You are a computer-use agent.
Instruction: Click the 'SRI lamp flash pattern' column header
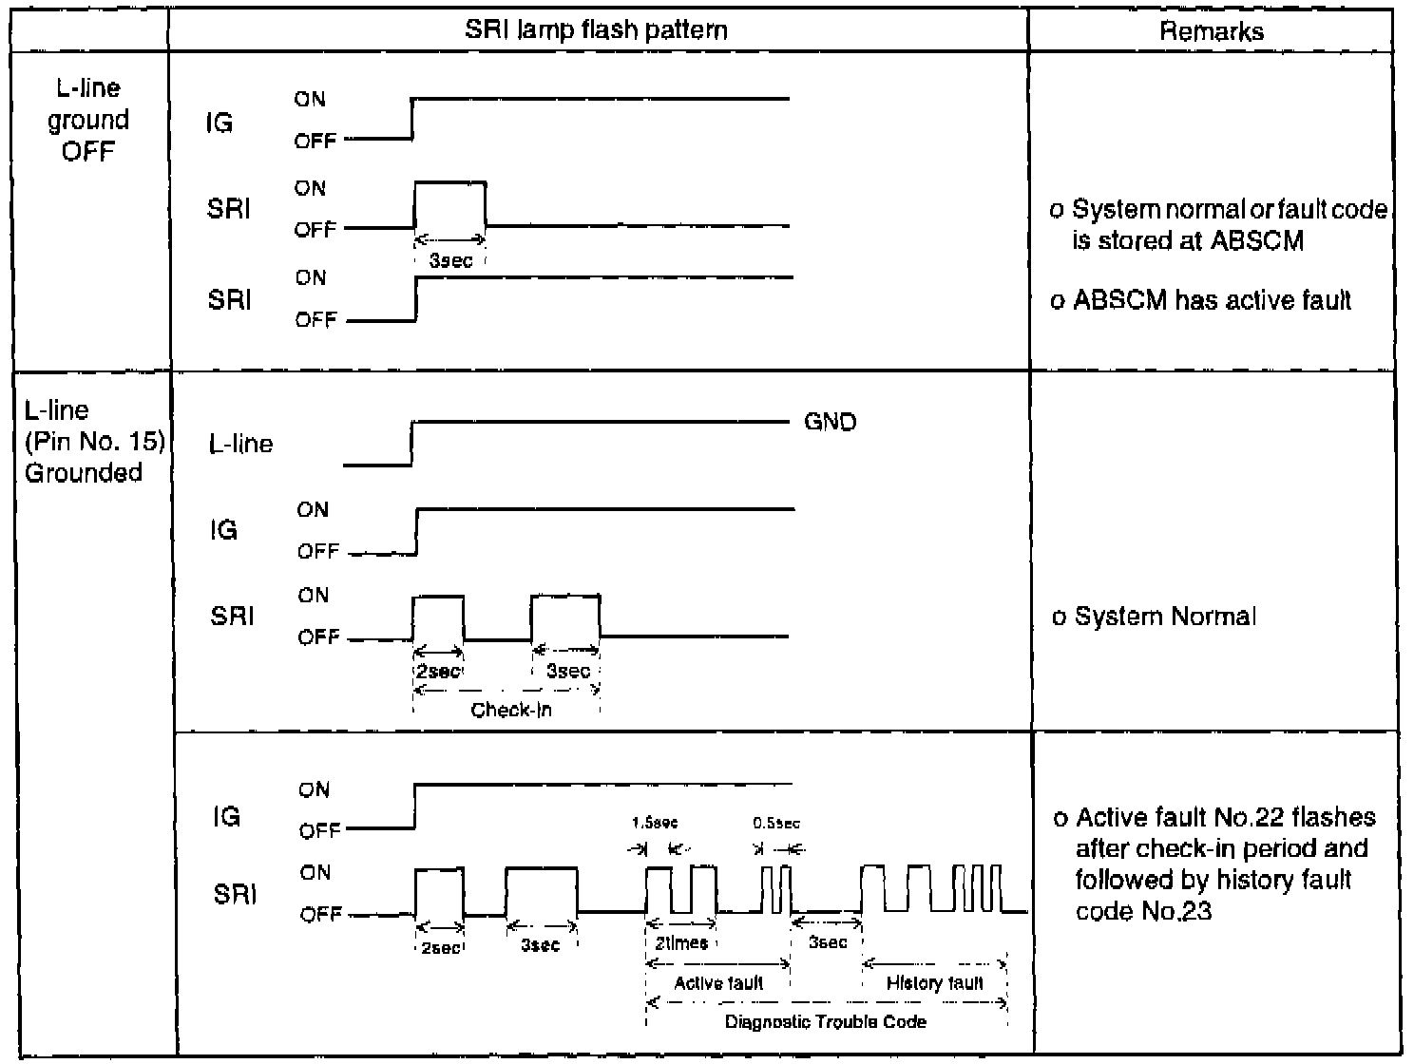(596, 29)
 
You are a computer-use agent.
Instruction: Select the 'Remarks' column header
(1212, 31)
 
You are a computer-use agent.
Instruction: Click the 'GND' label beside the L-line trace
(830, 422)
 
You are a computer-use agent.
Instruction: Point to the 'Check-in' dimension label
(511, 710)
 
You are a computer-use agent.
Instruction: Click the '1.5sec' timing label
(655, 823)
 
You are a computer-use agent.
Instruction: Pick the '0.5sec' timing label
(776, 823)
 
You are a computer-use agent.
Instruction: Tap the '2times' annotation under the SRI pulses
(681, 943)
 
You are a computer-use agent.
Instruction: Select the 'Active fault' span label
(718, 983)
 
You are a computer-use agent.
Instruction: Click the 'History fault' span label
(934, 983)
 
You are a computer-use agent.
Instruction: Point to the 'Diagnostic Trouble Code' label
(825, 1022)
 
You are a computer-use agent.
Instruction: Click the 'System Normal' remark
(1165, 617)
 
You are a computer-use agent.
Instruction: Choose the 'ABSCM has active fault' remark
(1212, 301)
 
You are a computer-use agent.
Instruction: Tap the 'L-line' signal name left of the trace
(240, 444)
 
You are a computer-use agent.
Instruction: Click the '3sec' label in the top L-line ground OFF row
(450, 260)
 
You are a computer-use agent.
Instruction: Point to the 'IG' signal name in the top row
(220, 123)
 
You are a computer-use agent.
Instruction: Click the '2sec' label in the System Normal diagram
(438, 671)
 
